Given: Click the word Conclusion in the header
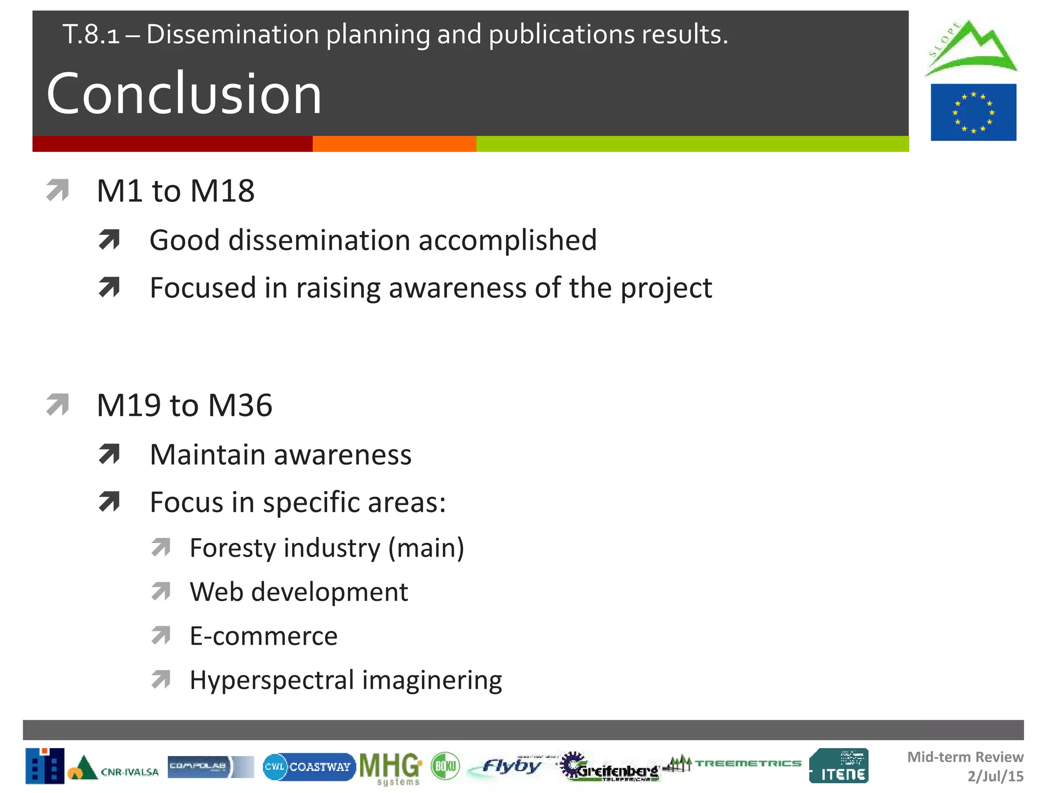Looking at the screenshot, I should (x=184, y=94).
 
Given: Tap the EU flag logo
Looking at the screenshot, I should (x=973, y=112).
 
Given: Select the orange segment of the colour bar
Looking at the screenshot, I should (x=394, y=144).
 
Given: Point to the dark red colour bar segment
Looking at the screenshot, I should (x=172, y=144).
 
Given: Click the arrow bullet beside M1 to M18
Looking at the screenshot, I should (x=57, y=190).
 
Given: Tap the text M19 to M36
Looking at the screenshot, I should (x=184, y=405).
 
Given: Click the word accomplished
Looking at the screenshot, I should (x=507, y=241).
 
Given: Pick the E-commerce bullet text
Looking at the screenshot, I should (x=263, y=636).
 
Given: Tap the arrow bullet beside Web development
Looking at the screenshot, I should (x=161, y=592).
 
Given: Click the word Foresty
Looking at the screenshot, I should (x=233, y=548).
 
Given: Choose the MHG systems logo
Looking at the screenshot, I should (x=391, y=768).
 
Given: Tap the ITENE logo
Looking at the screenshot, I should (x=839, y=766).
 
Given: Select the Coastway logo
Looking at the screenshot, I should (x=309, y=767).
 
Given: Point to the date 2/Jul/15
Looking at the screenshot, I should (x=995, y=776).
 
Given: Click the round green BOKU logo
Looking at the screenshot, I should (x=445, y=766).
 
